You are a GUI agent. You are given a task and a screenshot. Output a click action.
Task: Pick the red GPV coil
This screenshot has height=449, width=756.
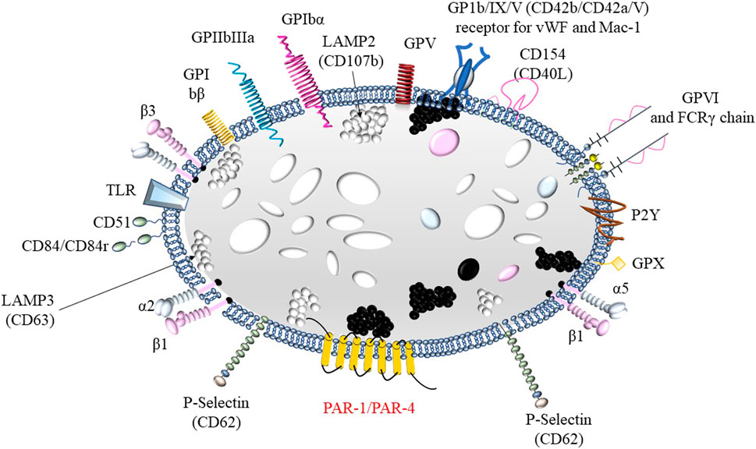tap(405, 83)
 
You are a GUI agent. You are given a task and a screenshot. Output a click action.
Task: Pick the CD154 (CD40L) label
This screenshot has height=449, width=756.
tap(545, 61)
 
